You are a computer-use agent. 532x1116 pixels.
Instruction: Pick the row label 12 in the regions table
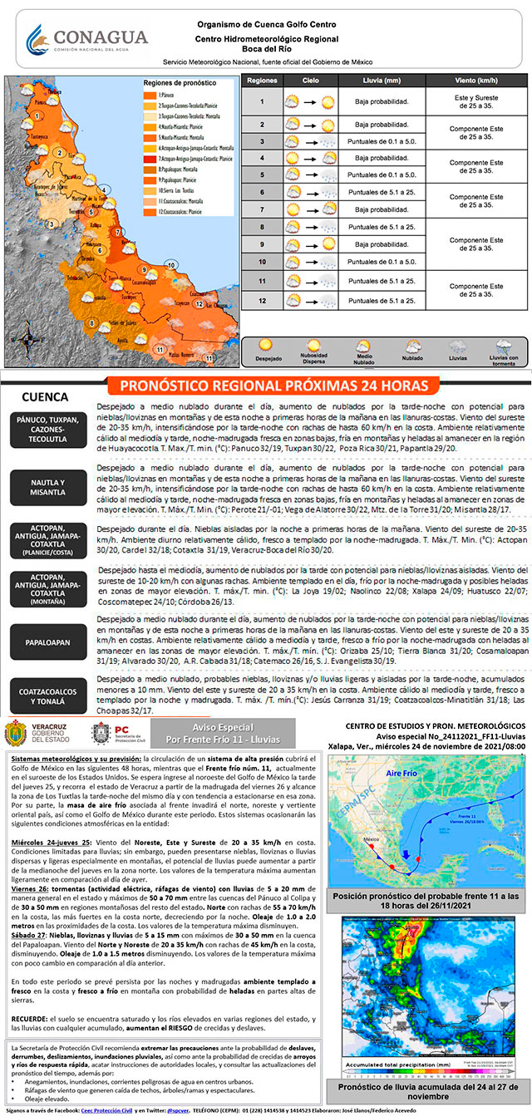point(261,300)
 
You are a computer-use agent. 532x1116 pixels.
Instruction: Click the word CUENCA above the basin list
point(46,396)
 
